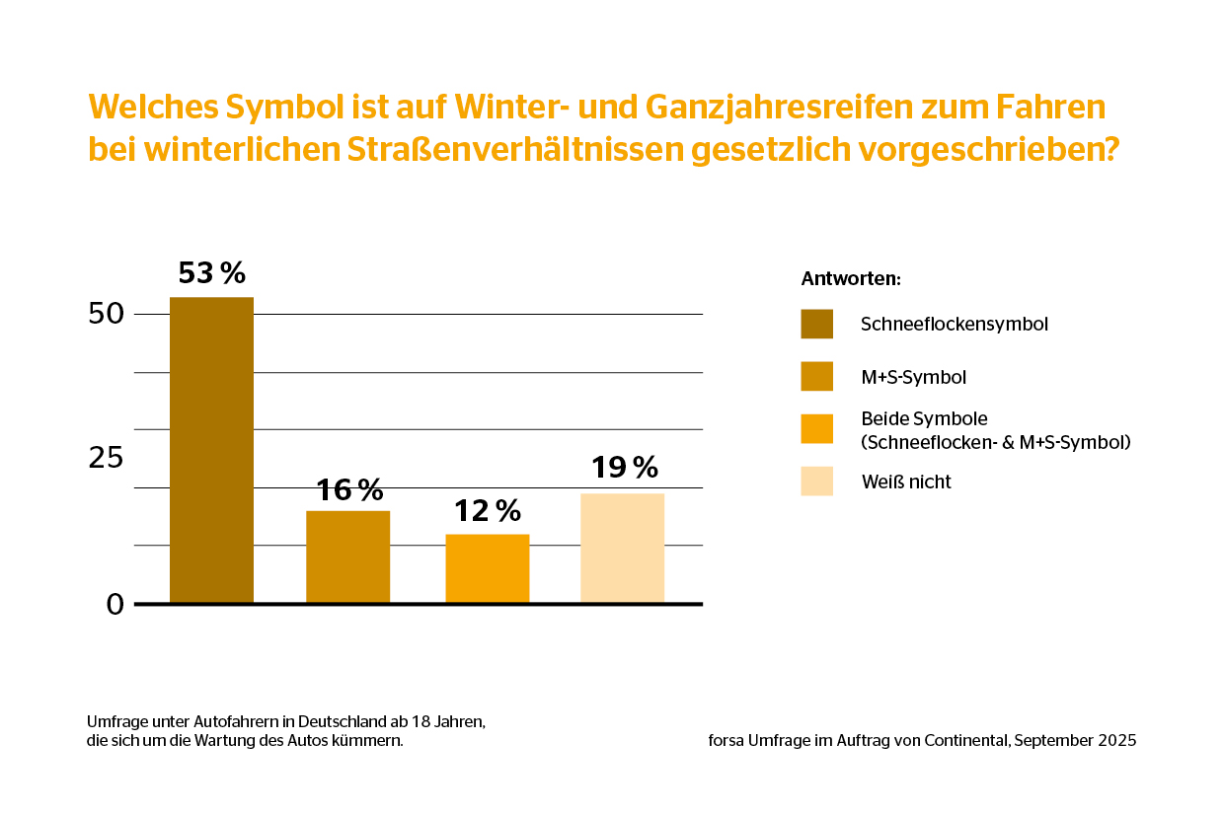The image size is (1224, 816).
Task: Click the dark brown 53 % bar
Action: (x=211, y=450)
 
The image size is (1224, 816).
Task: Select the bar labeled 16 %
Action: (x=347, y=556)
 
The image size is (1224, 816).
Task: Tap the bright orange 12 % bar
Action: (x=487, y=568)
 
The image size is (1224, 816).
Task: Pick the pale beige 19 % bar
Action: (x=622, y=548)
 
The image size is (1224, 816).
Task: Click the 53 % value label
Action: (x=211, y=272)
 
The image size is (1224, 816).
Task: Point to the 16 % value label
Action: (x=348, y=489)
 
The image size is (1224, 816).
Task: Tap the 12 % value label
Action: (x=487, y=510)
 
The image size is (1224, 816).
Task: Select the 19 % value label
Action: (x=624, y=467)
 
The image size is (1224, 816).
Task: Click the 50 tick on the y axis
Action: (x=106, y=315)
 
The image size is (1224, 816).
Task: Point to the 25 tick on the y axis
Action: (x=106, y=459)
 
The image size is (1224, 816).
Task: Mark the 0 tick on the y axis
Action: (x=115, y=604)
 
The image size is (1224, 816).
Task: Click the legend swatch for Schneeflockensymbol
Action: (x=816, y=324)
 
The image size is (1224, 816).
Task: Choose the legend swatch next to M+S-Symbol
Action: (x=816, y=377)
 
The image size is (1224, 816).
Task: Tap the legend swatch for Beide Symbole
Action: (x=816, y=429)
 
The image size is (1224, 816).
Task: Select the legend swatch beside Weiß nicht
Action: (x=816, y=482)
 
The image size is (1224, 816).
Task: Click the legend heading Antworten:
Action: (x=850, y=278)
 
